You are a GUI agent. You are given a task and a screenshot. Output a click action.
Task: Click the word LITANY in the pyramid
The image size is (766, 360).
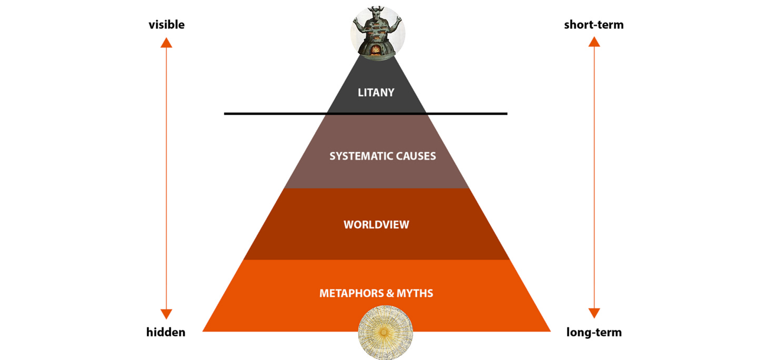click(x=376, y=93)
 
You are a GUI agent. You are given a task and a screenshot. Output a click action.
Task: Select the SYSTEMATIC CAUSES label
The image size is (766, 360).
click(x=382, y=156)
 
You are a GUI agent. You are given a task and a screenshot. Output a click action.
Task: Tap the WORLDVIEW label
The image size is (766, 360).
click(x=376, y=225)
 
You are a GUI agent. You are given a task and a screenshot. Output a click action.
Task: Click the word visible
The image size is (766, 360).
click(x=167, y=25)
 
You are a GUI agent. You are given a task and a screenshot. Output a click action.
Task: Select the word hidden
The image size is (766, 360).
click(x=166, y=332)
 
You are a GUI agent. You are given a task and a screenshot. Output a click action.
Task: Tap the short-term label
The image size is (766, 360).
click(x=593, y=25)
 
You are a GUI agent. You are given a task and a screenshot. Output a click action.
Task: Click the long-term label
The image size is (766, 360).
click(x=594, y=332)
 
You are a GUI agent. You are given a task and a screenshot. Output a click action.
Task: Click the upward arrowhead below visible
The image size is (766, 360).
click(x=166, y=43)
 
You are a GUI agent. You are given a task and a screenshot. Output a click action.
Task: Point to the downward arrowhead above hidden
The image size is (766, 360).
click(x=166, y=314)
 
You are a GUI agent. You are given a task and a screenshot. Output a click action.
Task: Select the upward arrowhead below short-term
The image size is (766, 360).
click(x=594, y=43)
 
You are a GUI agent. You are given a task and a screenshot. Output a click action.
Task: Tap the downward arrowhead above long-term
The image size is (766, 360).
click(x=594, y=314)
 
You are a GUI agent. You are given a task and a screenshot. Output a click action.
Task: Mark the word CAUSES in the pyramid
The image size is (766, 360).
click(x=415, y=156)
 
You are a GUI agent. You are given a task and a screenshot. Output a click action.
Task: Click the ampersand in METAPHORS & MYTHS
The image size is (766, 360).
click(x=390, y=293)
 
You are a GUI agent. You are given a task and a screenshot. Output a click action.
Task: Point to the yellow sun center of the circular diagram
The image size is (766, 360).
click(x=385, y=333)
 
